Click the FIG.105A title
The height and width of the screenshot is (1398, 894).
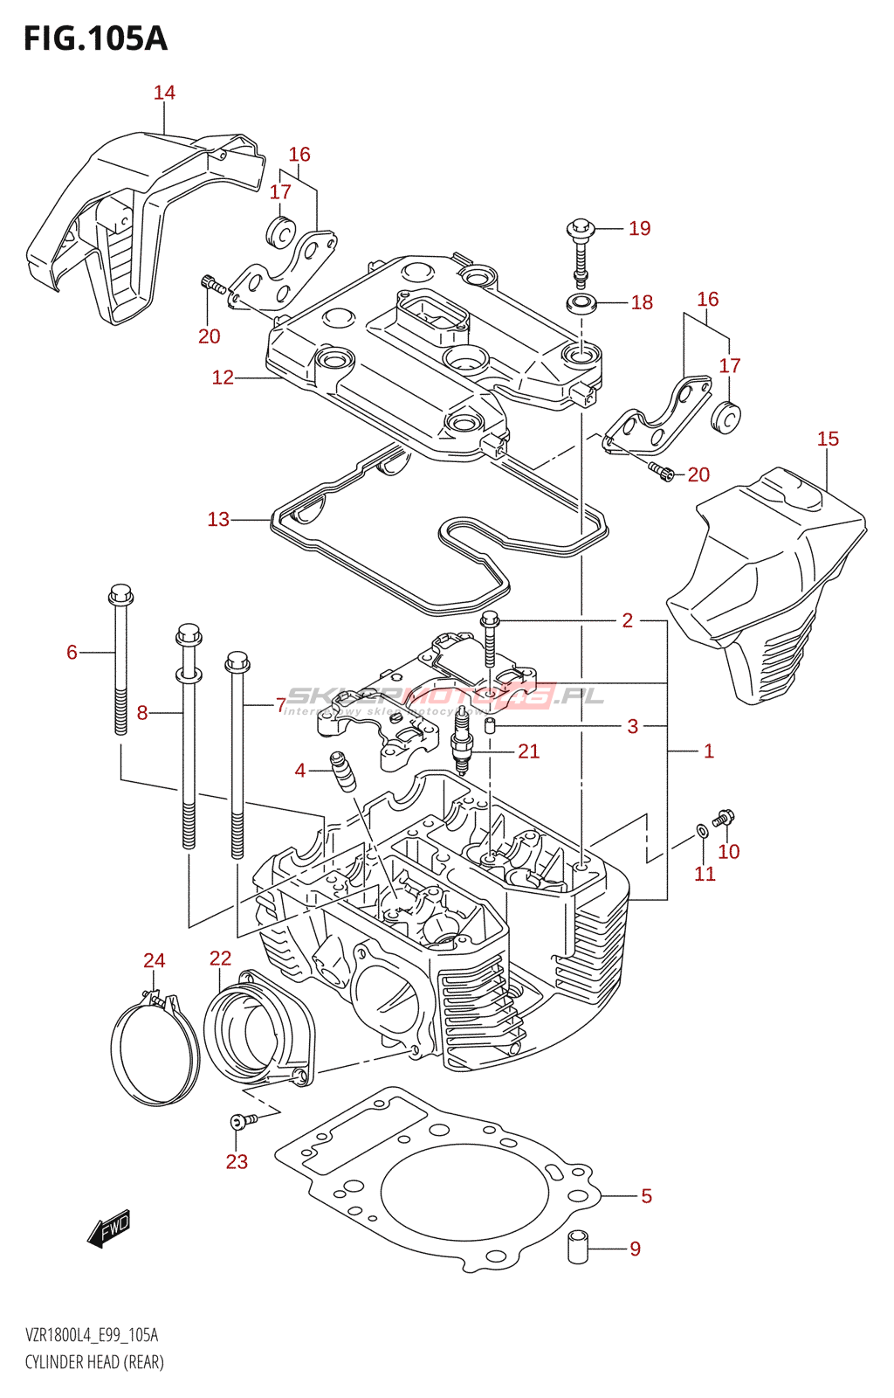click(x=95, y=38)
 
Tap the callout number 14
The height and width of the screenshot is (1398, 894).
click(x=164, y=93)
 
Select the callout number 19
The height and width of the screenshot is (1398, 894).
click(x=640, y=229)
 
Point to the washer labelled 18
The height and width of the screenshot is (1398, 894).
click(x=581, y=304)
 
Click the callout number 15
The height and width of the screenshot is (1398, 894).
click(x=828, y=439)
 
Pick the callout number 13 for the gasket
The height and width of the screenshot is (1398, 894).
click(x=218, y=520)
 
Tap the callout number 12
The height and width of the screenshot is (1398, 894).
click(x=223, y=377)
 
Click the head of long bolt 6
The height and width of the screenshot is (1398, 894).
click(x=120, y=596)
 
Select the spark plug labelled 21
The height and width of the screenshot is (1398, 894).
click(x=461, y=751)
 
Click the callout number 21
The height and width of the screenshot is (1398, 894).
click(x=529, y=751)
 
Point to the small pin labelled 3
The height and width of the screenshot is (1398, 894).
click(x=490, y=725)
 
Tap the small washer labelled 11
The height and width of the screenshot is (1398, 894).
click(x=702, y=829)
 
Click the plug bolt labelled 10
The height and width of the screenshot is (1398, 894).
click(x=724, y=819)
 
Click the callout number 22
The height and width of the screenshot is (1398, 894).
click(x=220, y=959)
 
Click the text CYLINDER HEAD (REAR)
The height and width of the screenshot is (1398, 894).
click(x=94, y=1362)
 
